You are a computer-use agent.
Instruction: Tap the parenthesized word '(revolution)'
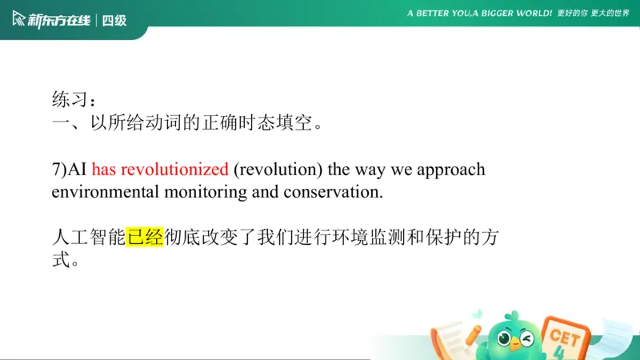tap(277, 170)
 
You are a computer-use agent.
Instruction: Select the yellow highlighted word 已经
tap(145, 238)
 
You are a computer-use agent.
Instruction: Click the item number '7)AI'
tap(70, 170)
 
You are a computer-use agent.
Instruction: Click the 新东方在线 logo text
tap(60, 20)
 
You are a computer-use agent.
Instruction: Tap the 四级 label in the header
tap(114, 20)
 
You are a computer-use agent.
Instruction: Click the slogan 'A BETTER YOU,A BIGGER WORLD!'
tap(479, 14)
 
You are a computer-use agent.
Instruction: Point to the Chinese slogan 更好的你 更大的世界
tap(593, 14)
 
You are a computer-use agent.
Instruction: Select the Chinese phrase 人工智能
tap(89, 238)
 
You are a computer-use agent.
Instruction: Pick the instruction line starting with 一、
tap(188, 124)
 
